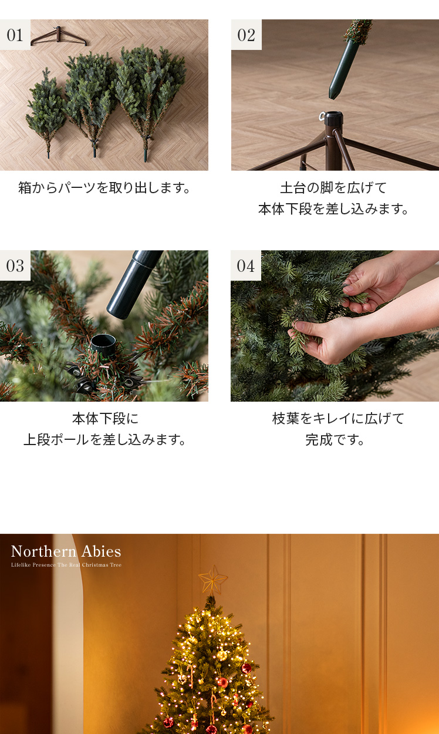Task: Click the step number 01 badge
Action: click(15, 35)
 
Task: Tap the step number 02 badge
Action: click(246, 35)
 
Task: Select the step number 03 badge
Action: click(15, 265)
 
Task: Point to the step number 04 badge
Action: click(246, 265)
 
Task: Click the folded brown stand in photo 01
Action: click(59, 36)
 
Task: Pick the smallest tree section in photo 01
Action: click(46, 112)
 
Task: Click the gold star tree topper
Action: click(212, 581)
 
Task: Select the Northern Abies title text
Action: click(66, 551)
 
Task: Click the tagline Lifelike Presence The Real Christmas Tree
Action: click(66, 565)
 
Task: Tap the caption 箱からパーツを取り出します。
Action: click(104, 188)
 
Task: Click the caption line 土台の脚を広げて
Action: click(333, 188)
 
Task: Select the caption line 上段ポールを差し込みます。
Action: click(105, 440)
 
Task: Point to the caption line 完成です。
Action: click(335, 440)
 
